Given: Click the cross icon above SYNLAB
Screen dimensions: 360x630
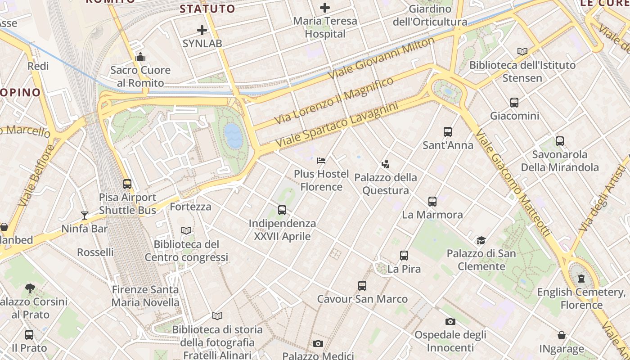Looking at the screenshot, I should click(202, 30).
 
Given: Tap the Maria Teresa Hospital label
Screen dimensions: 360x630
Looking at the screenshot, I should click(325, 27).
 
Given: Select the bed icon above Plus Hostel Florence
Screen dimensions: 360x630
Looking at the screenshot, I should click(321, 160).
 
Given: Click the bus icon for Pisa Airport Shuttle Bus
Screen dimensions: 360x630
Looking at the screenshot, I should click(127, 184).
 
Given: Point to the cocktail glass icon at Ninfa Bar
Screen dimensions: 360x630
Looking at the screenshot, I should click(85, 215).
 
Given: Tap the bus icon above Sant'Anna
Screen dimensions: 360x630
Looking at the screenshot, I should click(447, 131).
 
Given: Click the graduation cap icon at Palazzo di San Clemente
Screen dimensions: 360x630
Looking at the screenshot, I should click(481, 240).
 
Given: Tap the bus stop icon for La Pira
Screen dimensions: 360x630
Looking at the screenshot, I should click(404, 256).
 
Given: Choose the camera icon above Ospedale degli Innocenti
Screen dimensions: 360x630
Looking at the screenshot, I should click(450, 321).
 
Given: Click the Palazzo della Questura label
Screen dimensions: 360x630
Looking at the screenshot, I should click(386, 184).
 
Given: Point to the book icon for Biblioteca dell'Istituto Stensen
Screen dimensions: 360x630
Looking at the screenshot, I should click(522, 52).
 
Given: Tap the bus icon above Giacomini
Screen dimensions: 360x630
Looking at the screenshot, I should click(514, 103).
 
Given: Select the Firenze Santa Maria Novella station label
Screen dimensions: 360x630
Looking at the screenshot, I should click(145, 296).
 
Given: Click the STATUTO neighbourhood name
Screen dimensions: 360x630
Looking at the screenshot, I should click(207, 9).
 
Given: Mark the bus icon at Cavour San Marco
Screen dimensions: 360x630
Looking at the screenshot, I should click(362, 285).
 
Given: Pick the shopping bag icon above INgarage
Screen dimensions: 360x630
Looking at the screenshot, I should click(562, 335).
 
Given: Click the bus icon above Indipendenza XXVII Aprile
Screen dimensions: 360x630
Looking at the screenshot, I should click(282, 210).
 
